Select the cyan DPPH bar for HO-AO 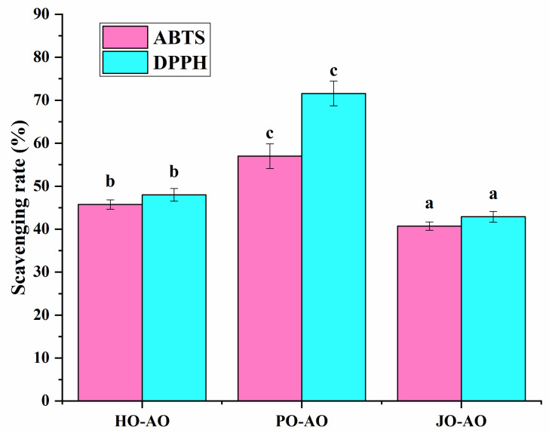tap(173, 297)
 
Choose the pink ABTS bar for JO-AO tap(429, 313)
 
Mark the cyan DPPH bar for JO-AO tap(493, 309)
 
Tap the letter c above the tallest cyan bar tap(333, 69)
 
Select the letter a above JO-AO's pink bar tap(429, 204)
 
